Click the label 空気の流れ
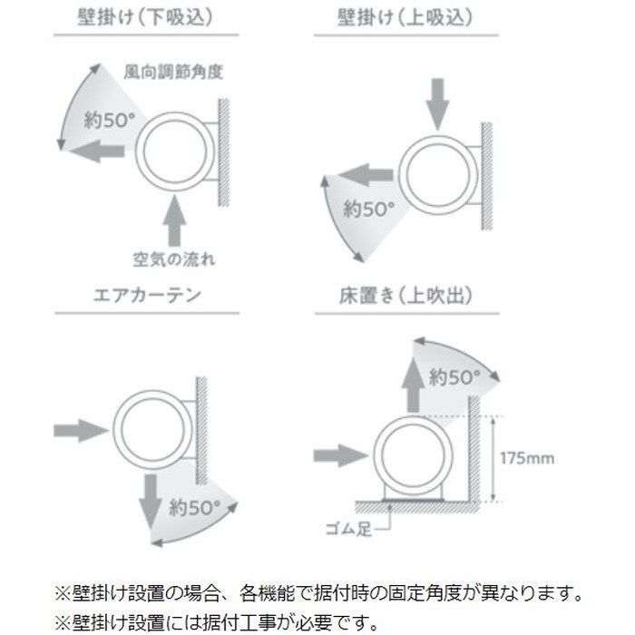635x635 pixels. tap(175, 260)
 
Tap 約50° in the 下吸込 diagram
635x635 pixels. tap(106, 120)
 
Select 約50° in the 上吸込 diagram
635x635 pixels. tap(368, 209)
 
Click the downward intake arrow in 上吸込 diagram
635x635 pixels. tap(437, 103)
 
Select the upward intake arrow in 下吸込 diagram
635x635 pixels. tap(175, 220)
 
